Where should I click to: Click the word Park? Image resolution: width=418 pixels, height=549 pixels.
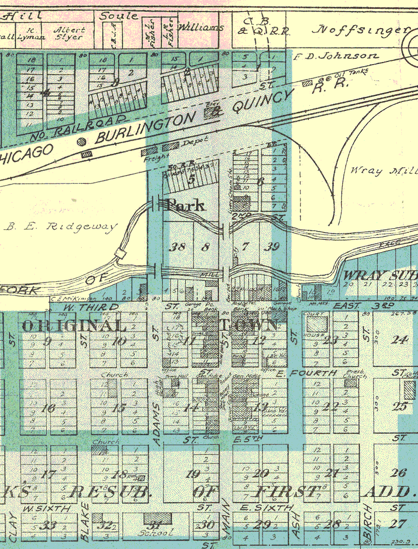(185, 205)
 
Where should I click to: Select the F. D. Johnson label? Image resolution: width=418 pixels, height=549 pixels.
(336, 56)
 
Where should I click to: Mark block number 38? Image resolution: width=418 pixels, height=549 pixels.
(178, 247)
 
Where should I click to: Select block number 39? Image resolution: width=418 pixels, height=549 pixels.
(272, 247)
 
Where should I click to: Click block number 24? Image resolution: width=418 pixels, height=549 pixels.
(400, 340)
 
